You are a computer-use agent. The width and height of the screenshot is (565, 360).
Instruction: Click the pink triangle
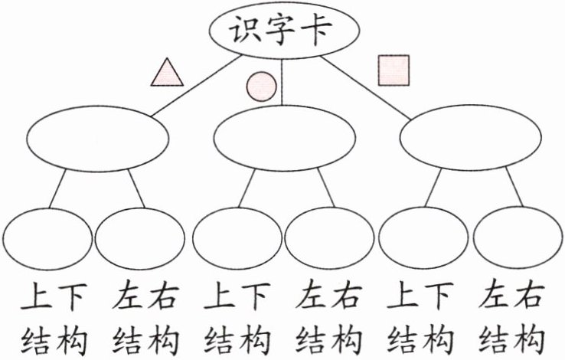[x=167, y=72]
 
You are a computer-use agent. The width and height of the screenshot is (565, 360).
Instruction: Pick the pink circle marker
[x=262, y=87]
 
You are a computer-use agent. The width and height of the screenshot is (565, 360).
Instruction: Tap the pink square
[x=394, y=70]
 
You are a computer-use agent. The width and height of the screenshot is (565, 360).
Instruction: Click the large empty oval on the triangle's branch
[x=98, y=139]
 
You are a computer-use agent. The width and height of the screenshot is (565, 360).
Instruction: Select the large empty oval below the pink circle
[x=285, y=138]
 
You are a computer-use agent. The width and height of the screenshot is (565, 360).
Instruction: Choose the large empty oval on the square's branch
[x=471, y=137]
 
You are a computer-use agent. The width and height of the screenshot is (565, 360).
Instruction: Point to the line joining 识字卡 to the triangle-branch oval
[x=196, y=86]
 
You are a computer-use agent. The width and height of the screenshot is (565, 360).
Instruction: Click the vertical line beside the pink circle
[x=282, y=82]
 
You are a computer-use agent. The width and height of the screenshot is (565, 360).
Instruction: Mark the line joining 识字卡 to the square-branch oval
[x=365, y=87]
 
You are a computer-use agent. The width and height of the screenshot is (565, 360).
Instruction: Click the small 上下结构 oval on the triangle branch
[x=47, y=239]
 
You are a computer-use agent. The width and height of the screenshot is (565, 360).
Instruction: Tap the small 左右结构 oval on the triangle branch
[x=140, y=239]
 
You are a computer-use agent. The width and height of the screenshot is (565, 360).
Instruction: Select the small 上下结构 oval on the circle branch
[x=237, y=238]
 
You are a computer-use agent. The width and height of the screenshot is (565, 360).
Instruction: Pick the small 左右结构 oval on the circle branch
[x=329, y=238]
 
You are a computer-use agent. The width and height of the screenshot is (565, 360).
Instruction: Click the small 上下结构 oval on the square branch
[x=423, y=238]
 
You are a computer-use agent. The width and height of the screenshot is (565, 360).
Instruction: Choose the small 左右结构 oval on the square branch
[x=518, y=238]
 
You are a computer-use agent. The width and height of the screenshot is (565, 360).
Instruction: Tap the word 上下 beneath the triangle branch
[x=54, y=296]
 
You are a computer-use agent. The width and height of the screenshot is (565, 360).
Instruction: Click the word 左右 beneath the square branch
[x=511, y=296]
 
